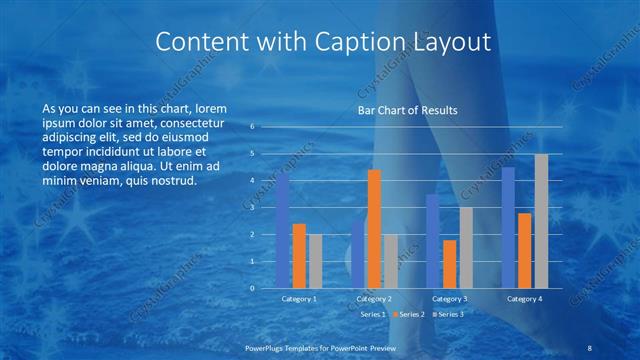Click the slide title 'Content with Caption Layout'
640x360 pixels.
pos(324,42)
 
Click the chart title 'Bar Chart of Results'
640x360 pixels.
pos(407,110)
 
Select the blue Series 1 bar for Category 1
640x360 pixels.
pos(283,231)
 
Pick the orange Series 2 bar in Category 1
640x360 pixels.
pos(299,256)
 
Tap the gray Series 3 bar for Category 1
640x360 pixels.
pos(315,261)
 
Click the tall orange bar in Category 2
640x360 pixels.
pos(374,229)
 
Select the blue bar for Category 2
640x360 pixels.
pos(359,254)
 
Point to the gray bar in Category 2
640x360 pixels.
pos(390,261)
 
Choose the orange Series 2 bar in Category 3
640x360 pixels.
pos(450,264)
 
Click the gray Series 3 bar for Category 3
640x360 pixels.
pos(466,248)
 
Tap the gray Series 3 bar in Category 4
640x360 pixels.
pos(541,221)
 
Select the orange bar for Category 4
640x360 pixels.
pos(525,250)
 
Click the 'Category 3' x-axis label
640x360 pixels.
pos(450,298)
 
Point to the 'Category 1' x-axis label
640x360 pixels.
pos(299,298)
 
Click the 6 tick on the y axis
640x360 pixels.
pos(253,127)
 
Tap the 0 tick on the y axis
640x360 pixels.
pos(253,288)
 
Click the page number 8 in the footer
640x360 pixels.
pos(591,347)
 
